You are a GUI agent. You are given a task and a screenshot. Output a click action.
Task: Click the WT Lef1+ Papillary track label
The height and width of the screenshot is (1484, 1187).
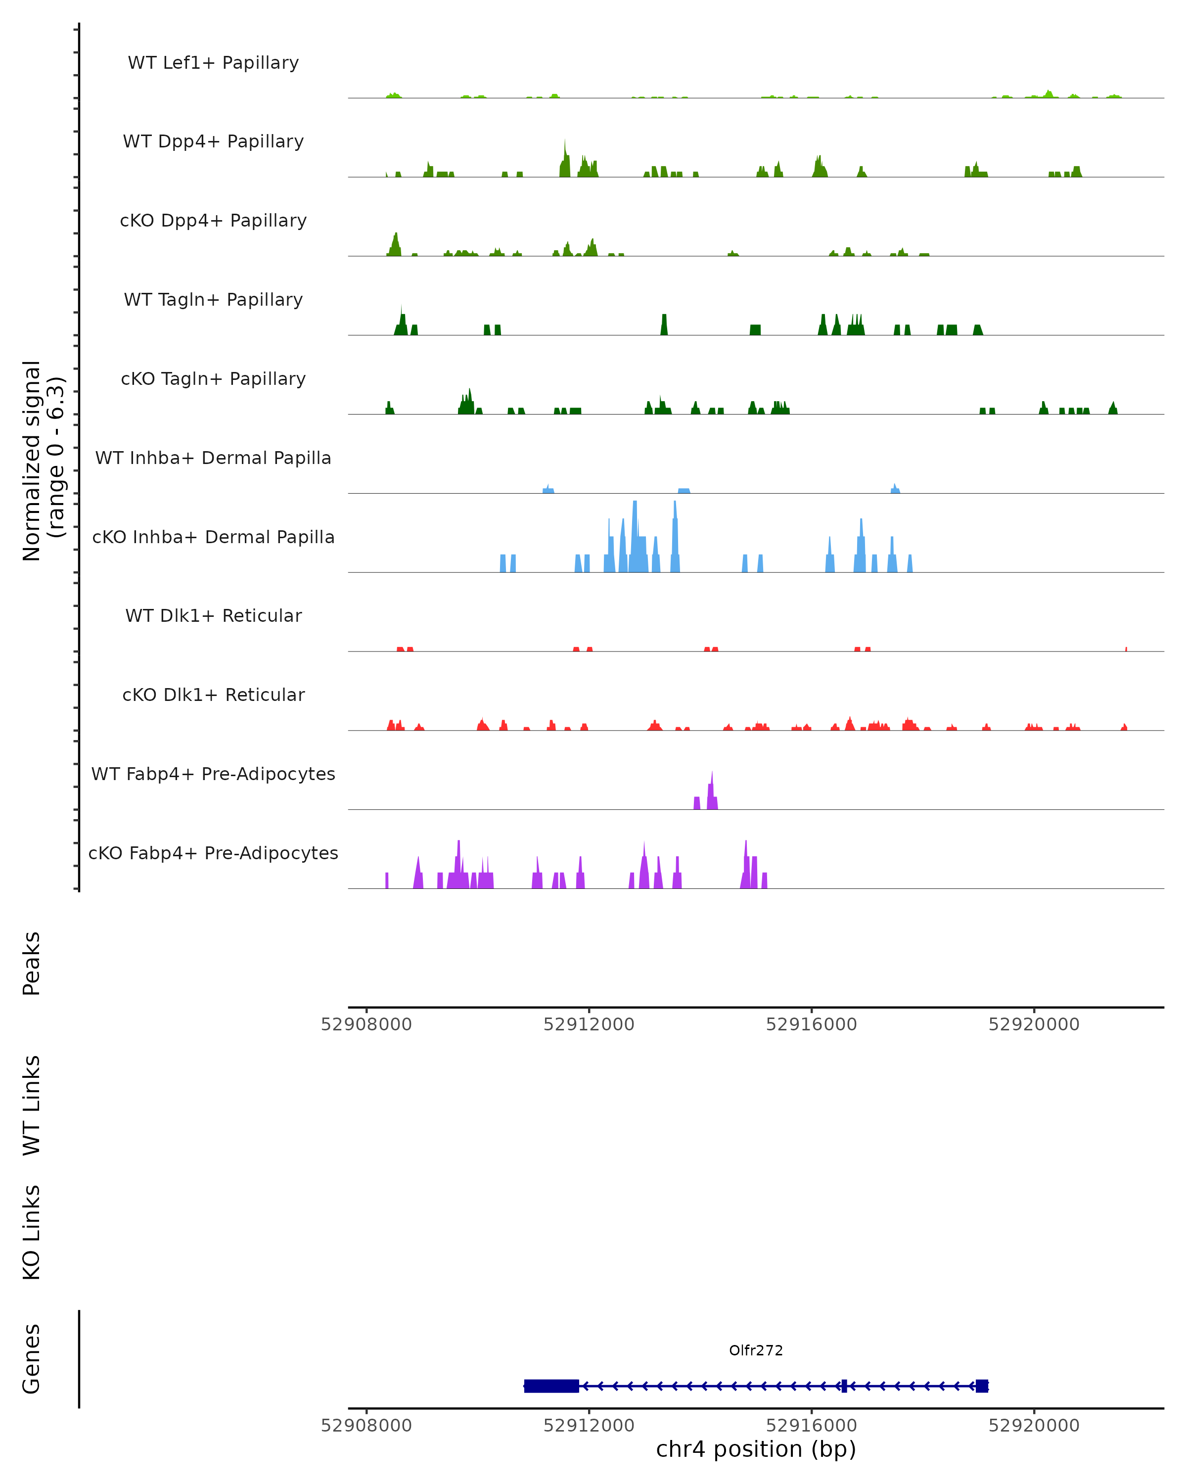(x=213, y=63)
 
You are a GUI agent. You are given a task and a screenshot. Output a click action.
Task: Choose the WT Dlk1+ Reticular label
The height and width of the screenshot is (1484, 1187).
(x=213, y=615)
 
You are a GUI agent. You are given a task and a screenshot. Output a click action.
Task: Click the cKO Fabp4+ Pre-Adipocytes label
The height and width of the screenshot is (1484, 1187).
(x=213, y=853)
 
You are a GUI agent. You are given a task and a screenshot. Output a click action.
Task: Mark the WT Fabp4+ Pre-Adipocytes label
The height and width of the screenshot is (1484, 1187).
(x=213, y=774)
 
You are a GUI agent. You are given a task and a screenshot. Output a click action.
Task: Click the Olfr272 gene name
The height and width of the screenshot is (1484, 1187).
(x=756, y=1350)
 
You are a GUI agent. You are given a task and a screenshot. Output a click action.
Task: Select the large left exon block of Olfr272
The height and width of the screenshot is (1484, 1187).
(x=551, y=1386)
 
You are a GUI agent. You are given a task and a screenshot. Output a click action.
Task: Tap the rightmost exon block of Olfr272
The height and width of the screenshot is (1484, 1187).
(x=982, y=1386)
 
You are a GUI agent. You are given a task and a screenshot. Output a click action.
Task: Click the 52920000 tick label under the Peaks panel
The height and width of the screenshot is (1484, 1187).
(x=1034, y=1024)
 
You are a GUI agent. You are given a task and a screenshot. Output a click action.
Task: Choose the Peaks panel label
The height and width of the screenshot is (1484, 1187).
(x=32, y=963)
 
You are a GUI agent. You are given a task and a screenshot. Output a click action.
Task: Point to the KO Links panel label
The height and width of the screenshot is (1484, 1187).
(x=32, y=1232)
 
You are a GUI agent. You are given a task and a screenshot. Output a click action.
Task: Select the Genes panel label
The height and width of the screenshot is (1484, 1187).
(x=32, y=1359)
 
